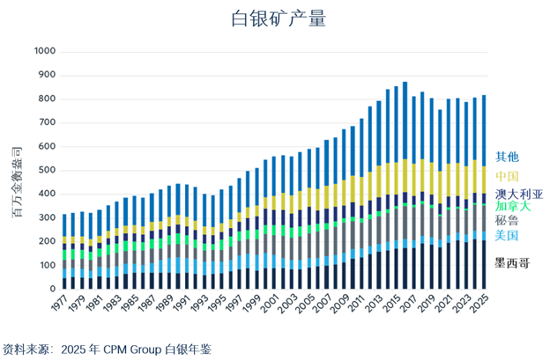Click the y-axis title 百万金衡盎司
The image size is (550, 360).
(16, 170)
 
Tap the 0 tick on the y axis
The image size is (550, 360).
(51, 289)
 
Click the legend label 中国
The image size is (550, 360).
(506, 176)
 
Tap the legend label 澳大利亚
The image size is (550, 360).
(518, 194)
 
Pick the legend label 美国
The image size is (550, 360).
(506, 235)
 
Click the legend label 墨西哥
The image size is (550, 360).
(512, 262)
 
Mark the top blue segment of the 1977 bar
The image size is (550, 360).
(65, 224)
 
